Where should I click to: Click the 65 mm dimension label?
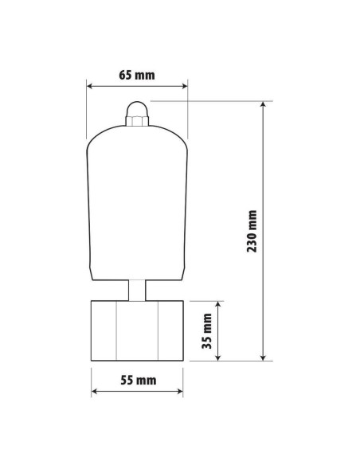(136, 76)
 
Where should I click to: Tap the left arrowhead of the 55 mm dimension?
(96, 391)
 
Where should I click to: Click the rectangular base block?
(137, 330)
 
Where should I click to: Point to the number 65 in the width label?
(126, 76)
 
